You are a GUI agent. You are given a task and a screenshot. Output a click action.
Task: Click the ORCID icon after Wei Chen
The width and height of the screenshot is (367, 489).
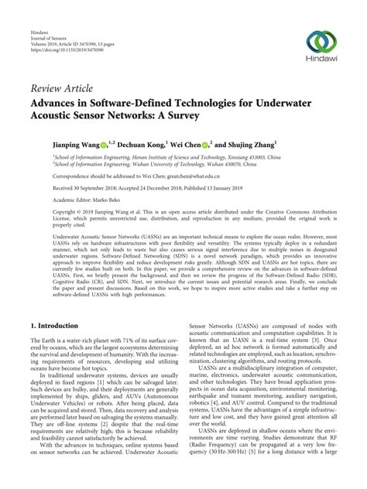[204, 145]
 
